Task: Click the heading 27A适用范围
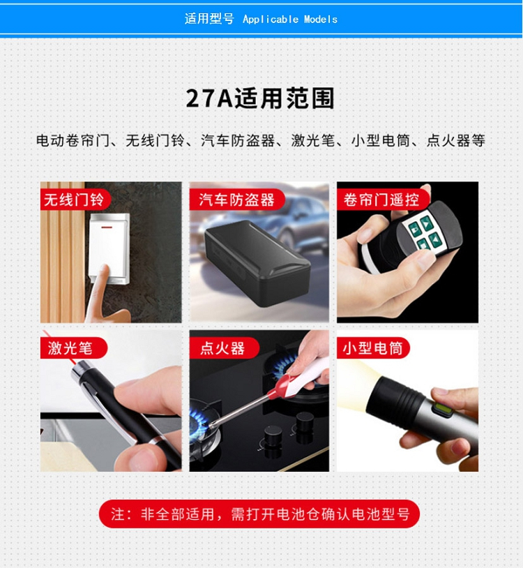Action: pyautogui.click(x=260, y=98)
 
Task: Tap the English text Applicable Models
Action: pyautogui.click(x=290, y=20)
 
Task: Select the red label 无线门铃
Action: pyautogui.click(x=75, y=200)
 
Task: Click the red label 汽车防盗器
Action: pyautogui.click(x=236, y=200)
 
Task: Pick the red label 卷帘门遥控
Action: pyautogui.click(x=382, y=200)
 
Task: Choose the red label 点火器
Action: pyautogui.click(x=224, y=348)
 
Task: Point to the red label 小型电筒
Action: pyautogui.click(x=373, y=348)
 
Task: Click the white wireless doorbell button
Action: pyautogui.click(x=109, y=248)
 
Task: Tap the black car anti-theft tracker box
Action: pyautogui.click(x=257, y=263)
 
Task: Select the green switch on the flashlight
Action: pyautogui.click(x=441, y=409)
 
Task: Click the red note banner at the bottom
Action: pyautogui.click(x=259, y=514)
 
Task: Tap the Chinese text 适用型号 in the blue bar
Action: pyautogui.click(x=209, y=18)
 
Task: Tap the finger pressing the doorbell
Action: pyautogui.click(x=97, y=290)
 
